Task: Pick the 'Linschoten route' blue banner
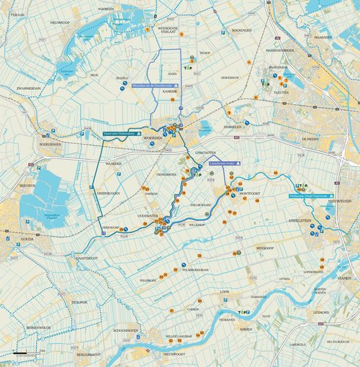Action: coord(222,163)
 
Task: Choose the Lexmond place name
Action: coord(321,312)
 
